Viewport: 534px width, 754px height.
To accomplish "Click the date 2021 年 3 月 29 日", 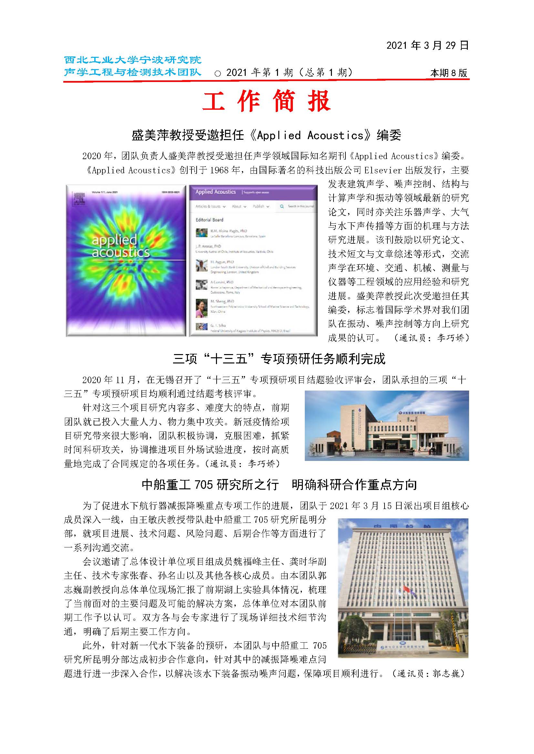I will [x=427, y=46].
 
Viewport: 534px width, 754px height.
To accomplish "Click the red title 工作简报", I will [x=266, y=101].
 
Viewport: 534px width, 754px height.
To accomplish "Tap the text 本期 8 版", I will [x=448, y=73].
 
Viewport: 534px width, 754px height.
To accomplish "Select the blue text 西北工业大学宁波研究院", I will [x=132, y=60].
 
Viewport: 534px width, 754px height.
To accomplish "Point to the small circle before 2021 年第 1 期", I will [x=217, y=74].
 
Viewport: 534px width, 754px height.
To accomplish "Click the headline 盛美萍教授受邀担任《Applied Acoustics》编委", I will [x=266, y=135].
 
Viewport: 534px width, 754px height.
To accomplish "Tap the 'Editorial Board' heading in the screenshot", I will [x=210, y=219].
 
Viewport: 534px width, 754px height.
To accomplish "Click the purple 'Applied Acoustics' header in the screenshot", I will [x=216, y=192].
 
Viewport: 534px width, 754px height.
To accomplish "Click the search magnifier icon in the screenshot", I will [x=282, y=206].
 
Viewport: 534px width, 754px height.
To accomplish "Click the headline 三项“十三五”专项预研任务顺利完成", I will [x=279, y=359].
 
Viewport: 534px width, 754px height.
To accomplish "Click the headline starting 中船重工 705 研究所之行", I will [x=279, y=485].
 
